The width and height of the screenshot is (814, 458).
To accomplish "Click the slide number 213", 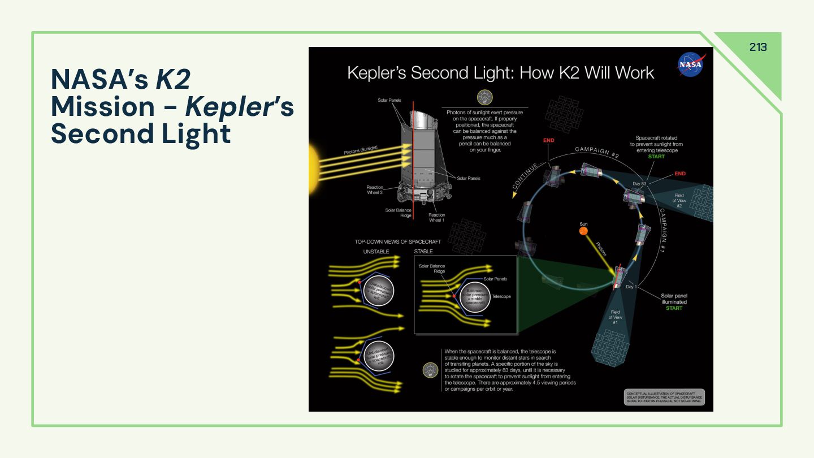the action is click(758, 47).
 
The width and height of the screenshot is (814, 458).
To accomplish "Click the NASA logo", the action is click(691, 64).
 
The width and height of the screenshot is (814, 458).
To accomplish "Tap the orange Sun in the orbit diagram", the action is click(583, 230).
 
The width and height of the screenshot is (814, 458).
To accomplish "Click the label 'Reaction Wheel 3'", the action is click(375, 190).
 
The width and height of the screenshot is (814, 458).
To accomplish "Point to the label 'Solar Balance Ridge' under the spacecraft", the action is click(399, 213).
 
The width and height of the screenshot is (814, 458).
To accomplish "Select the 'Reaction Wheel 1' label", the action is click(436, 218).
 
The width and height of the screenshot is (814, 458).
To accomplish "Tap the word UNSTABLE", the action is click(376, 252).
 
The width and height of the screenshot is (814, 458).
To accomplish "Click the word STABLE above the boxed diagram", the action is click(423, 252).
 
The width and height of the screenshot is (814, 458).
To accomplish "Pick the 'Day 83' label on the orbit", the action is click(639, 184).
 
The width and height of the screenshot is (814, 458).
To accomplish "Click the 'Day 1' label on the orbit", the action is click(631, 287).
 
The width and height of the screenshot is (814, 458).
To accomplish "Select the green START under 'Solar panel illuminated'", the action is click(674, 308).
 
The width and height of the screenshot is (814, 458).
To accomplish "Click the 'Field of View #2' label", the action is click(679, 201).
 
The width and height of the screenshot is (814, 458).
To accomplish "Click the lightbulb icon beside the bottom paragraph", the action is click(431, 370).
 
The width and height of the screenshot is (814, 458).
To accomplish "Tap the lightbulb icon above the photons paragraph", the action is click(484, 97).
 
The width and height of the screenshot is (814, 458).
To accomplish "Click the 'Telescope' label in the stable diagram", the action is click(501, 296).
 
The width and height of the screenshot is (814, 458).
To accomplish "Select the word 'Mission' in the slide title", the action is click(103, 107).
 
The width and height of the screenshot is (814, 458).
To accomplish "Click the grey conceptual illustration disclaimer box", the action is click(665, 397).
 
